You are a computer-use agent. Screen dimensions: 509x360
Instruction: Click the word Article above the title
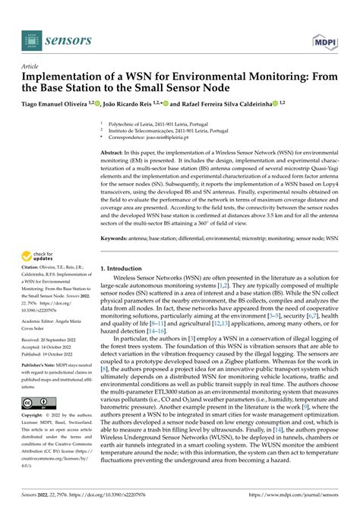coord(31,68)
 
